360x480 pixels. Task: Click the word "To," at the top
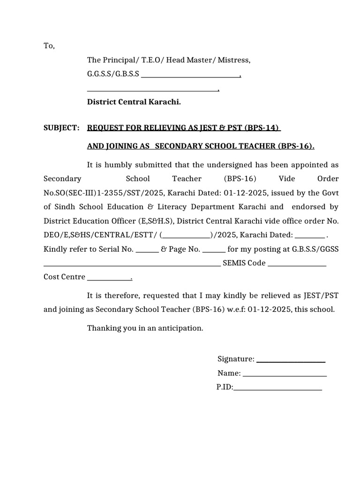click(49, 46)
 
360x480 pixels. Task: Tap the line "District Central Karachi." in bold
click(134, 102)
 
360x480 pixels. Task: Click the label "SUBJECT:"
click(61, 128)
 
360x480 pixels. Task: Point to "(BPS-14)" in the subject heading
click(265, 128)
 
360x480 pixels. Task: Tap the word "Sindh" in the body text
click(69, 207)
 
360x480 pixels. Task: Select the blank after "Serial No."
click(147, 250)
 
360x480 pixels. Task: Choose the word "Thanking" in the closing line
click(103, 328)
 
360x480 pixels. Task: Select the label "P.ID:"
click(225, 387)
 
